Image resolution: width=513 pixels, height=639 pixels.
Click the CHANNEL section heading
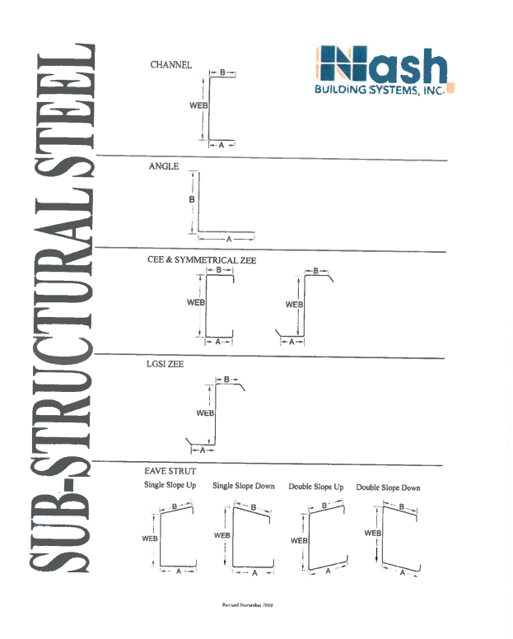click(170, 65)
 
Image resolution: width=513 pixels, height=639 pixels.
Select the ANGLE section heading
click(164, 166)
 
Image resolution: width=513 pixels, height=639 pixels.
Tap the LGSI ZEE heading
click(165, 364)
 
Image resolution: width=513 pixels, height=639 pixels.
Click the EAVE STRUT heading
click(170, 471)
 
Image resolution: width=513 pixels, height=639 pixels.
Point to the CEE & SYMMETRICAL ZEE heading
click(202, 260)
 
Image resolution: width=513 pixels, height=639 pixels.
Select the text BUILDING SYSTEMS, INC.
click(380, 90)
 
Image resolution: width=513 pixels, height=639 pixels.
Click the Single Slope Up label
click(170, 485)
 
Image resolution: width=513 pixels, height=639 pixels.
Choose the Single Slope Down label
click(244, 486)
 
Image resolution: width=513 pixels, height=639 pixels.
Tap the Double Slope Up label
click(315, 487)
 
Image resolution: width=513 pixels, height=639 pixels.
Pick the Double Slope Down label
click(388, 487)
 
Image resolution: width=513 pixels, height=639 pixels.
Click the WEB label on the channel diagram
click(198, 105)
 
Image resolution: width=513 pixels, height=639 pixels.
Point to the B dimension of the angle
click(192, 199)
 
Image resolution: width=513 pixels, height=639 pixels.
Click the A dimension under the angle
click(229, 240)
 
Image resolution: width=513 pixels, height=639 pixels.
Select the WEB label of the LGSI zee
click(205, 413)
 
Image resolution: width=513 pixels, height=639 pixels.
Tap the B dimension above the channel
click(222, 72)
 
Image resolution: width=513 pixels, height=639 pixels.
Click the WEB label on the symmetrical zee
click(294, 305)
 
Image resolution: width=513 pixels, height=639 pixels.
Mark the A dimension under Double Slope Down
click(402, 572)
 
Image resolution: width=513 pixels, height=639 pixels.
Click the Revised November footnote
click(248, 604)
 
